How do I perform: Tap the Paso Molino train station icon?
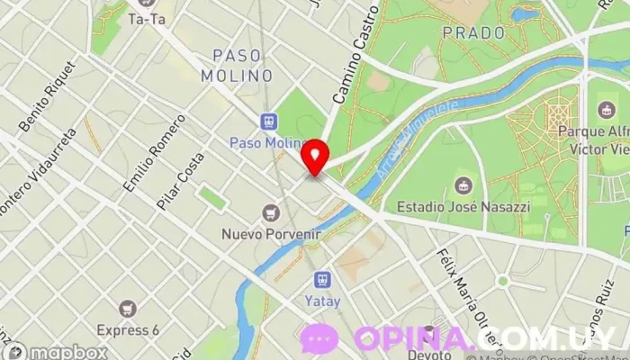268,121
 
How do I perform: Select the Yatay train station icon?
320,282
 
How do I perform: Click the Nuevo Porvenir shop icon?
269,213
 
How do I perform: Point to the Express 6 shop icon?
127,309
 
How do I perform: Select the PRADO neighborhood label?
473,32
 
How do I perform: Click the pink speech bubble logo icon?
319,339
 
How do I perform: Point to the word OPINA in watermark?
410,339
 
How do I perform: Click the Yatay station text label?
321,301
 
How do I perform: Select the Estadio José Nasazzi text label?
463,206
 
